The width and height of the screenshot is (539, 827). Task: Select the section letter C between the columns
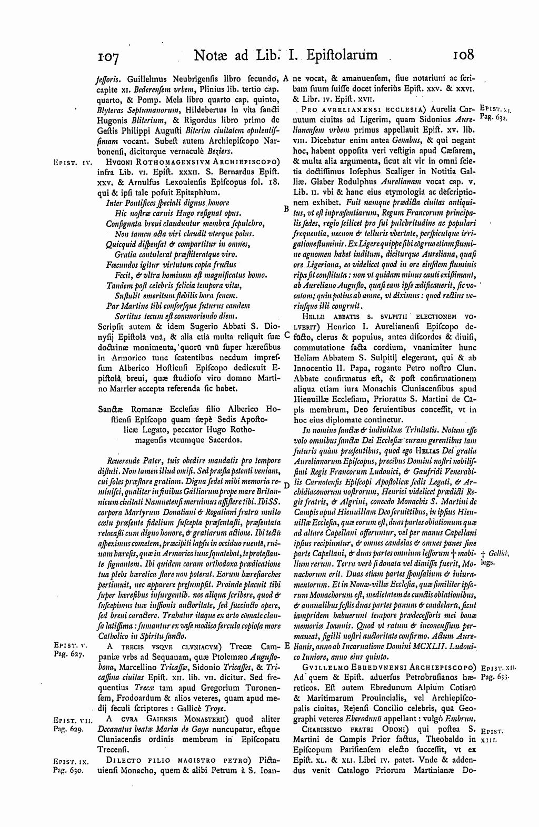pyautogui.click(x=286, y=334)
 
